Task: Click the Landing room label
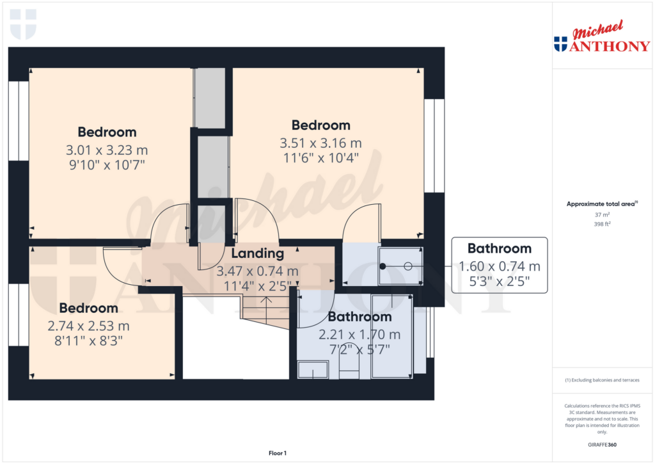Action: click(x=257, y=253)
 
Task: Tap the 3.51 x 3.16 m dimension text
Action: click(x=320, y=143)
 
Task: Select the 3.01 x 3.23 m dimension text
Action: click(x=107, y=150)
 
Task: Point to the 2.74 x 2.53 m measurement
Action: click(x=88, y=326)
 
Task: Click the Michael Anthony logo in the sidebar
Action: click(x=602, y=36)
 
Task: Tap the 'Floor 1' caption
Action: click(x=278, y=453)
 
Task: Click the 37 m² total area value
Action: click(x=602, y=214)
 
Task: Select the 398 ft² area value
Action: click(x=602, y=224)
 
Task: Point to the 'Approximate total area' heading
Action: click(x=602, y=204)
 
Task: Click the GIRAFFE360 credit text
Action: click(x=602, y=445)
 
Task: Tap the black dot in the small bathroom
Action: click(x=383, y=266)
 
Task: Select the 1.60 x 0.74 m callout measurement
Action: click(x=499, y=266)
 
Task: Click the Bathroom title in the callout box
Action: click(x=499, y=248)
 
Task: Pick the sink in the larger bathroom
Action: click(x=313, y=370)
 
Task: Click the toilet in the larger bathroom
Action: click(x=349, y=362)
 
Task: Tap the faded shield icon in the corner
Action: click(x=23, y=24)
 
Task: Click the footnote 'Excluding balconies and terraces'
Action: click(x=602, y=380)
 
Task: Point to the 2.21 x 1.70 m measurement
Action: click(x=359, y=335)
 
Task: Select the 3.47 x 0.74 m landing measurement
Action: click(x=257, y=271)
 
